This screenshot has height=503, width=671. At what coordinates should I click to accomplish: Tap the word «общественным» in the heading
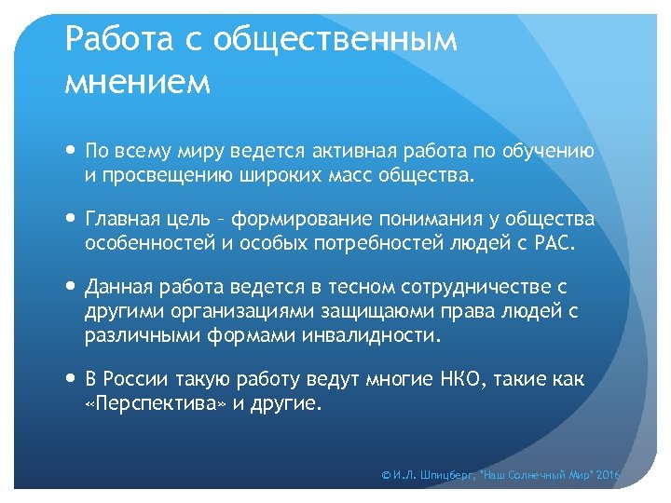tap(335, 40)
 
